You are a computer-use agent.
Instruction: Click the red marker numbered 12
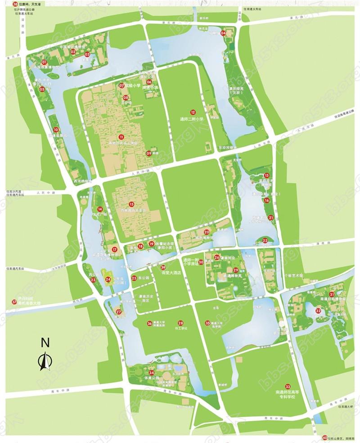tap(193, 112)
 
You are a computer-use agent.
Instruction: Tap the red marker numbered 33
tap(288, 386)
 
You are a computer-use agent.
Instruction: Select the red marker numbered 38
tap(16, 4)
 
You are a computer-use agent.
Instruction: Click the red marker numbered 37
tap(14, 302)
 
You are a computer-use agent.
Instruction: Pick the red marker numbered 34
tap(152, 373)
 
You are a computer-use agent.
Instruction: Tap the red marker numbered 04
tap(224, 33)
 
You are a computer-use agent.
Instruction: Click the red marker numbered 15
tap(131, 204)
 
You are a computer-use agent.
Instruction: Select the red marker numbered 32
tap(318, 311)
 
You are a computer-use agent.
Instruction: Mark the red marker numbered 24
tap(108, 280)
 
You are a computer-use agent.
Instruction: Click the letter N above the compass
tap(44, 342)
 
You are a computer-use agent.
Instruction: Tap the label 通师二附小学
tap(193, 120)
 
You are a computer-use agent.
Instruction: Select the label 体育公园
tap(152, 380)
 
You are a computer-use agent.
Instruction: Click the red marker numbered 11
tap(121, 136)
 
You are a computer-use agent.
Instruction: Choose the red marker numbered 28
tap(180, 323)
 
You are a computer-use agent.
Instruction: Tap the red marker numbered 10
tap(56, 130)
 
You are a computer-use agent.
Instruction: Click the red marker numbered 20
tap(206, 232)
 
